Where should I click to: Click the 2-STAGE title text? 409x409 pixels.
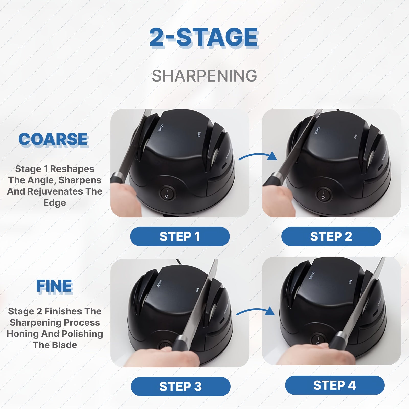tap(204, 37)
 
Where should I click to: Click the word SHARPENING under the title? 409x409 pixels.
tap(204, 76)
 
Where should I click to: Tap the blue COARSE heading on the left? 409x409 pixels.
tap(53, 140)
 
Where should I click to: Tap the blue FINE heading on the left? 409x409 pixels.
tap(54, 286)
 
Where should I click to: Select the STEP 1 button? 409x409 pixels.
tap(180, 236)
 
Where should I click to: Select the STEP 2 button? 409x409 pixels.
tap(331, 236)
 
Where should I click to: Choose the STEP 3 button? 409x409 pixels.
tap(180, 387)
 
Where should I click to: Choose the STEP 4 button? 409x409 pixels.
tap(334, 385)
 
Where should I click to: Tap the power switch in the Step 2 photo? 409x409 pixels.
tap(323, 195)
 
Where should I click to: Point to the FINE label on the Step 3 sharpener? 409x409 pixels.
tap(197, 289)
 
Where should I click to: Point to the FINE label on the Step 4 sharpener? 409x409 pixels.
tap(350, 281)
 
